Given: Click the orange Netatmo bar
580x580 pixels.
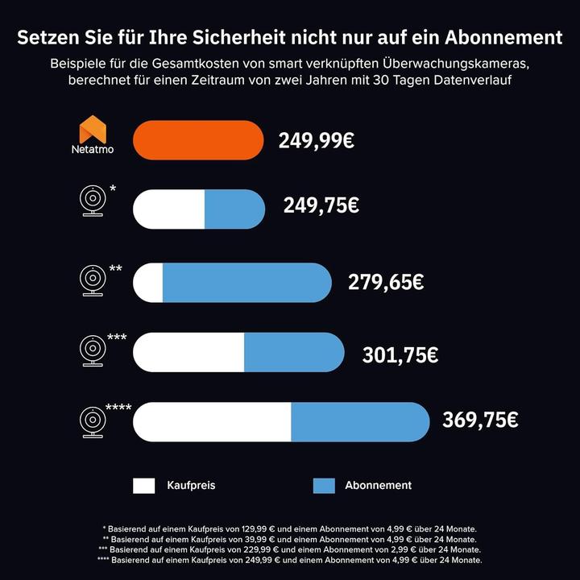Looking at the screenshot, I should [x=198, y=140].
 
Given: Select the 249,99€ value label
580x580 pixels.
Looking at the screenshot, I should [x=317, y=141].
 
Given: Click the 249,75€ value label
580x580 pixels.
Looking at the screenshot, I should [x=321, y=205].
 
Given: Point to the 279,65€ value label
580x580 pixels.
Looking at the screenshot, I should [x=386, y=282].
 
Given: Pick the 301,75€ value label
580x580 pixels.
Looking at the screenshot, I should [x=400, y=353].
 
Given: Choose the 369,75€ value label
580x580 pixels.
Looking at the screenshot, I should [x=480, y=420].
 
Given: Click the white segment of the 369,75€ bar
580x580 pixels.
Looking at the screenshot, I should [x=212, y=422].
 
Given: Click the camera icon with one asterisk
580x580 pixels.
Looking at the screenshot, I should [x=93, y=201].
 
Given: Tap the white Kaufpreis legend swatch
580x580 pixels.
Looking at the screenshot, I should [x=144, y=485].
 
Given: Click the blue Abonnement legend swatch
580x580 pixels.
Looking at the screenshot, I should [x=323, y=485].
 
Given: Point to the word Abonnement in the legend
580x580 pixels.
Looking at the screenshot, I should [x=378, y=485].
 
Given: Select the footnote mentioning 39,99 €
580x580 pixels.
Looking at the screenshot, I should [x=290, y=539].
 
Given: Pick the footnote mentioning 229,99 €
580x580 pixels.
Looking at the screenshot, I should [x=290, y=549].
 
